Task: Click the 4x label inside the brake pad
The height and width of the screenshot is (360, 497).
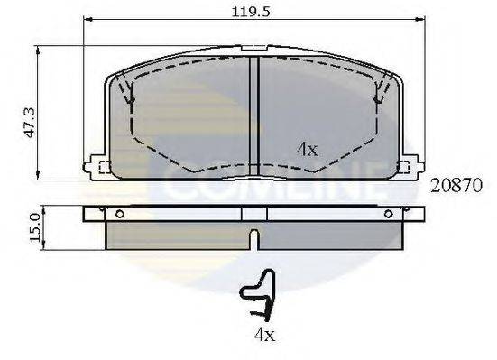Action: pos(307,150)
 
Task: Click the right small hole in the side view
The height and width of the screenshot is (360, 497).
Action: pos(389,214)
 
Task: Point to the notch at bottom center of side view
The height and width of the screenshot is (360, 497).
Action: pos(255,240)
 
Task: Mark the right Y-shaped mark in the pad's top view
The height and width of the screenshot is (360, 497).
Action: pos(379,91)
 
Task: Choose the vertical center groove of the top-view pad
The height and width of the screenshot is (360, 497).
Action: pos(255,108)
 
